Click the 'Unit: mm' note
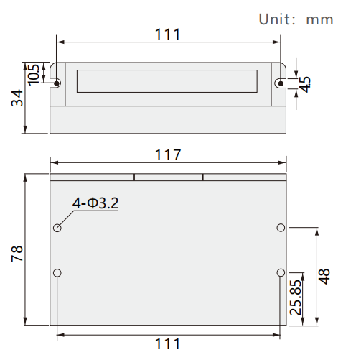(x=296, y=19)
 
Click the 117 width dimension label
(x=168, y=155)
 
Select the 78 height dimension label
(x=17, y=254)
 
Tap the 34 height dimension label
(x=17, y=98)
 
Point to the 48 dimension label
(x=324, y=277)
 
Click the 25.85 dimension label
(x=296, y=297)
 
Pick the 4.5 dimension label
(x=305, y=84)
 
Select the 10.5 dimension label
(x=34, y=75)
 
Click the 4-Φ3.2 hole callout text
(x=95, y=203)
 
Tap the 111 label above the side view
(x=167, y=34)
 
